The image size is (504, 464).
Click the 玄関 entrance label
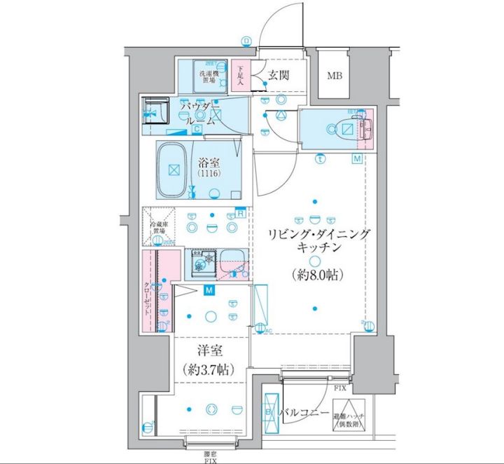tap(277, 76)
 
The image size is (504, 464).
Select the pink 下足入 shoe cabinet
tap(241, 76)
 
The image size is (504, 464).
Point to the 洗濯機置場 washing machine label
tap(209, 76)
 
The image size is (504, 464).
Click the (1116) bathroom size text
tap(209, 173)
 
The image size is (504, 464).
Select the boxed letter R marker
tap(240, 213)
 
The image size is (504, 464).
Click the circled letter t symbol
tap(320, 158)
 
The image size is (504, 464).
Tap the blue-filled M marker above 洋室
tap(209, 289)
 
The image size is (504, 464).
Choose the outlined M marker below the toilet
tap(357, 160)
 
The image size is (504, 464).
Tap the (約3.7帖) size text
tap(210, 369)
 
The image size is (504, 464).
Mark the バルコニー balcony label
tap(303, 414)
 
